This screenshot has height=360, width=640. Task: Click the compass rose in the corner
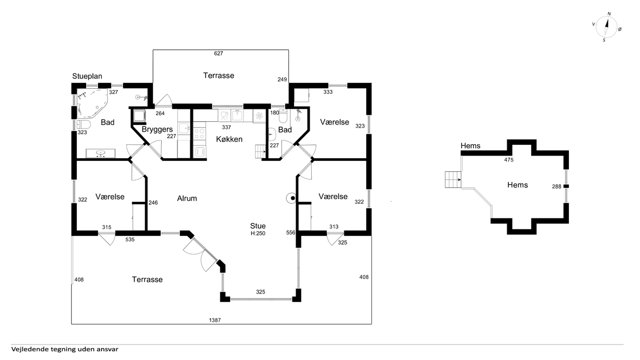tap(607, 27)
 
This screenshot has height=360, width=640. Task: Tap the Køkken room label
tap(229, 139)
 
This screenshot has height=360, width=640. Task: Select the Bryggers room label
tap(157, 130)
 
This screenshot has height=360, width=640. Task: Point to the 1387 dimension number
tap(215, 320)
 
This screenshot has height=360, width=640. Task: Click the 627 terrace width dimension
tap(218, 53)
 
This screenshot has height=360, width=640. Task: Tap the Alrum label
tap(187, 198)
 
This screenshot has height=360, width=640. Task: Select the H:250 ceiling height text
tap(258, 233)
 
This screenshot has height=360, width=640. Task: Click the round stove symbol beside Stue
tap(291, 198)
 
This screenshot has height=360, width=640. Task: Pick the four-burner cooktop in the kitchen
tap(200, 133)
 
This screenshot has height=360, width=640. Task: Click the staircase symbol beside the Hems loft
tap(453, 179)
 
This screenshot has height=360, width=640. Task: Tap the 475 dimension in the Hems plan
tap(509, 160)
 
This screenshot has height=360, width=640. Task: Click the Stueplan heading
tap(87, 76)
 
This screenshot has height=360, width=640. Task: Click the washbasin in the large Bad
tap(101, 154)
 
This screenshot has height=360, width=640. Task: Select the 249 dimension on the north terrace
tap(282, 79)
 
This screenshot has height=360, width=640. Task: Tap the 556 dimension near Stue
tap(290, 232)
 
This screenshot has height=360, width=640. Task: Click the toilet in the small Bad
tap(283, 116)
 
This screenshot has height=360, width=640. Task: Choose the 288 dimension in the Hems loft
tap(556, 187)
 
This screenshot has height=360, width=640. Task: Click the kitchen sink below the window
tap(237, 116)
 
